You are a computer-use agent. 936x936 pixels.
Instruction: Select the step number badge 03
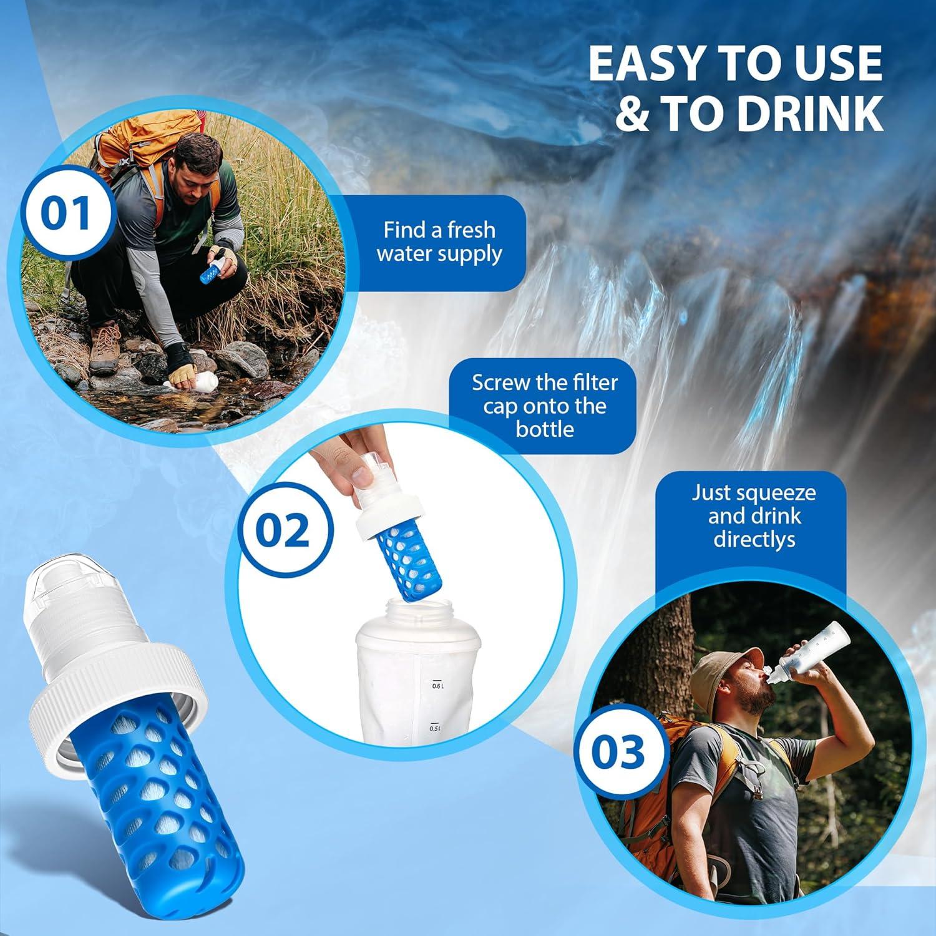click(x=618, y=751)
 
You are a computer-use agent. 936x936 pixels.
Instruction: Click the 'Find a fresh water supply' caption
click(x=439, y=242)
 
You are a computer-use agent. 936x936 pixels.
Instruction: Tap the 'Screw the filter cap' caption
click(x=544, y=406)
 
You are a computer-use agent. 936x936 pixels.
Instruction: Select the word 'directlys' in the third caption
click(x=754, y=539)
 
